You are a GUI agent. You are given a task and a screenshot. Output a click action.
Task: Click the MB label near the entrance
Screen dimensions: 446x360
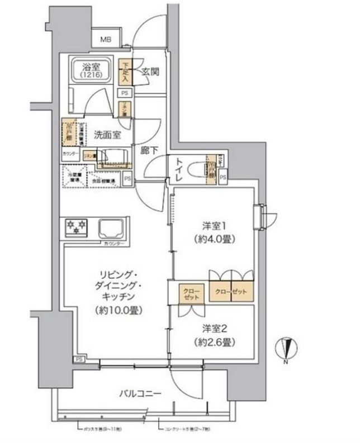pos(106,40)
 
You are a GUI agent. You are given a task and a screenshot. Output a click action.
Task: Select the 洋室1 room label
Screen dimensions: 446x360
pos(213,226)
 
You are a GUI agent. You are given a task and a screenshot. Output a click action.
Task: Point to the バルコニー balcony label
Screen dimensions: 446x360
pos(140,393)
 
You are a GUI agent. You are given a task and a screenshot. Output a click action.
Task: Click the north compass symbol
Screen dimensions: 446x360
pos(286,349)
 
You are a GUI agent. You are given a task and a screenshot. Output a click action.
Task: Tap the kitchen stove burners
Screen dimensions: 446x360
pos(77,226)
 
